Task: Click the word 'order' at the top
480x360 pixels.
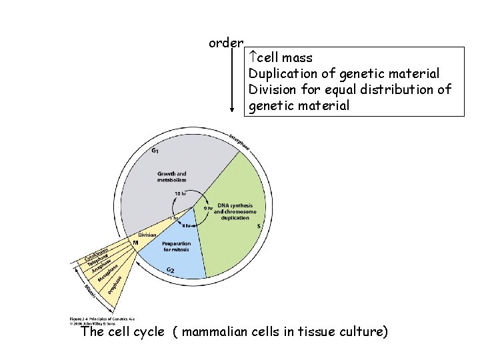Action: (225, 43)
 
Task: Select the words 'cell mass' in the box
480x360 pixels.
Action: (285, 58)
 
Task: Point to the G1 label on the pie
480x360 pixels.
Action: (155, 151)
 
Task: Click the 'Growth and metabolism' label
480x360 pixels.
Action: (171, 177)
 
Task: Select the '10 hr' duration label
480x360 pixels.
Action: (180, 193)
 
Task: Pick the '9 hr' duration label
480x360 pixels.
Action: (208, 208)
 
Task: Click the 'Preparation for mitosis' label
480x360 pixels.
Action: (176, 246)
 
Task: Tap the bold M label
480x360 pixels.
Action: (135, 243)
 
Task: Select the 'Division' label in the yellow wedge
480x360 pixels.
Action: (147, 235)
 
